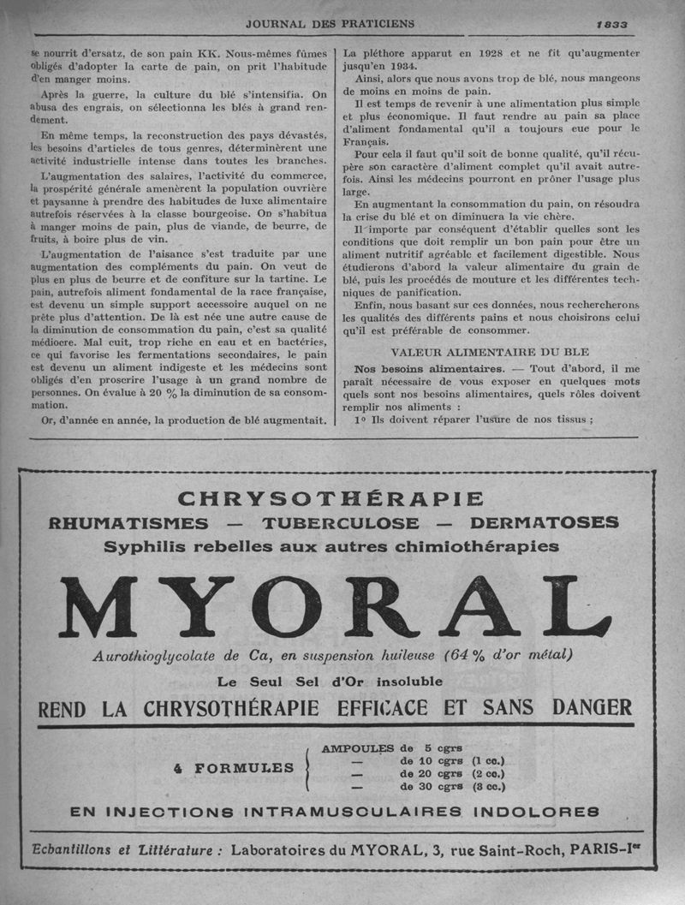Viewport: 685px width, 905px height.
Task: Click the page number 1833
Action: point(612,24)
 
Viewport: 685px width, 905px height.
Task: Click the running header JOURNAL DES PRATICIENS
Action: point(330,23)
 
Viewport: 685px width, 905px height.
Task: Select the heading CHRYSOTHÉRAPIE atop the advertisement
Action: point(331,498)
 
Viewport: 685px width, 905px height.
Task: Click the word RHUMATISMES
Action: point(128,523)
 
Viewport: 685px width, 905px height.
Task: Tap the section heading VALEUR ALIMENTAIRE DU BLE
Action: point(490,352)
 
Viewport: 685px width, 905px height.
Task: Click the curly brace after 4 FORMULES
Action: point(306,767)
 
